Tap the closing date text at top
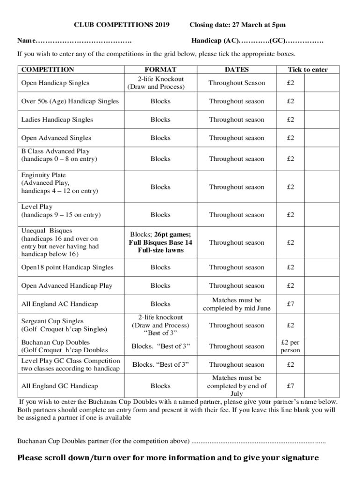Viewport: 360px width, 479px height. pos(237,25)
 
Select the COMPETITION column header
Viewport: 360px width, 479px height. pos(48,70)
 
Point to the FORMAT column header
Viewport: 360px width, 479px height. pos(160,70)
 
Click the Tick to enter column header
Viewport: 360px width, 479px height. pos(307,70)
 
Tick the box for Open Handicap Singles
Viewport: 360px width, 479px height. pos(323,83)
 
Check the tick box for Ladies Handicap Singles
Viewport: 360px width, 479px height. pos(323,120)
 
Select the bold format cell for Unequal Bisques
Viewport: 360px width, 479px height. pos(160,242)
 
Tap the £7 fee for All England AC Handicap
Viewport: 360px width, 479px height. pos(290,304)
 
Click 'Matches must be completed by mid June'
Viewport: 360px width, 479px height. pos(236,304)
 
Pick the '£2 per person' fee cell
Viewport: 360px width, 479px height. pos(290,346)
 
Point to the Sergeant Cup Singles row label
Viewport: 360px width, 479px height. pos(65,325)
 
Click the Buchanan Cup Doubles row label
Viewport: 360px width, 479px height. pos(65,346)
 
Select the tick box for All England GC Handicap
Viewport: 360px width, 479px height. pos(323,386)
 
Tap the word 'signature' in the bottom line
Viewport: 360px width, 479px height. pos(295,457)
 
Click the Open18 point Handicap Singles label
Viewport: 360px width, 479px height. pos(67,268)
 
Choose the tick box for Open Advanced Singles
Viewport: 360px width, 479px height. pos(323,138)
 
